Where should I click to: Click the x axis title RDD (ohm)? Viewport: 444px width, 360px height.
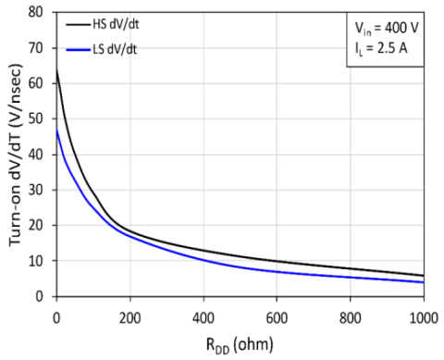coord(240,342)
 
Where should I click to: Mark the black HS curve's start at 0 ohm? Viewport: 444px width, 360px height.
coord(56,70)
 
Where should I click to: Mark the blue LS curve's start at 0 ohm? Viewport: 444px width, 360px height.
coord(56,130)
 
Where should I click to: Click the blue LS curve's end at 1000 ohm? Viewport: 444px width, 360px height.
coord(424,282)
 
